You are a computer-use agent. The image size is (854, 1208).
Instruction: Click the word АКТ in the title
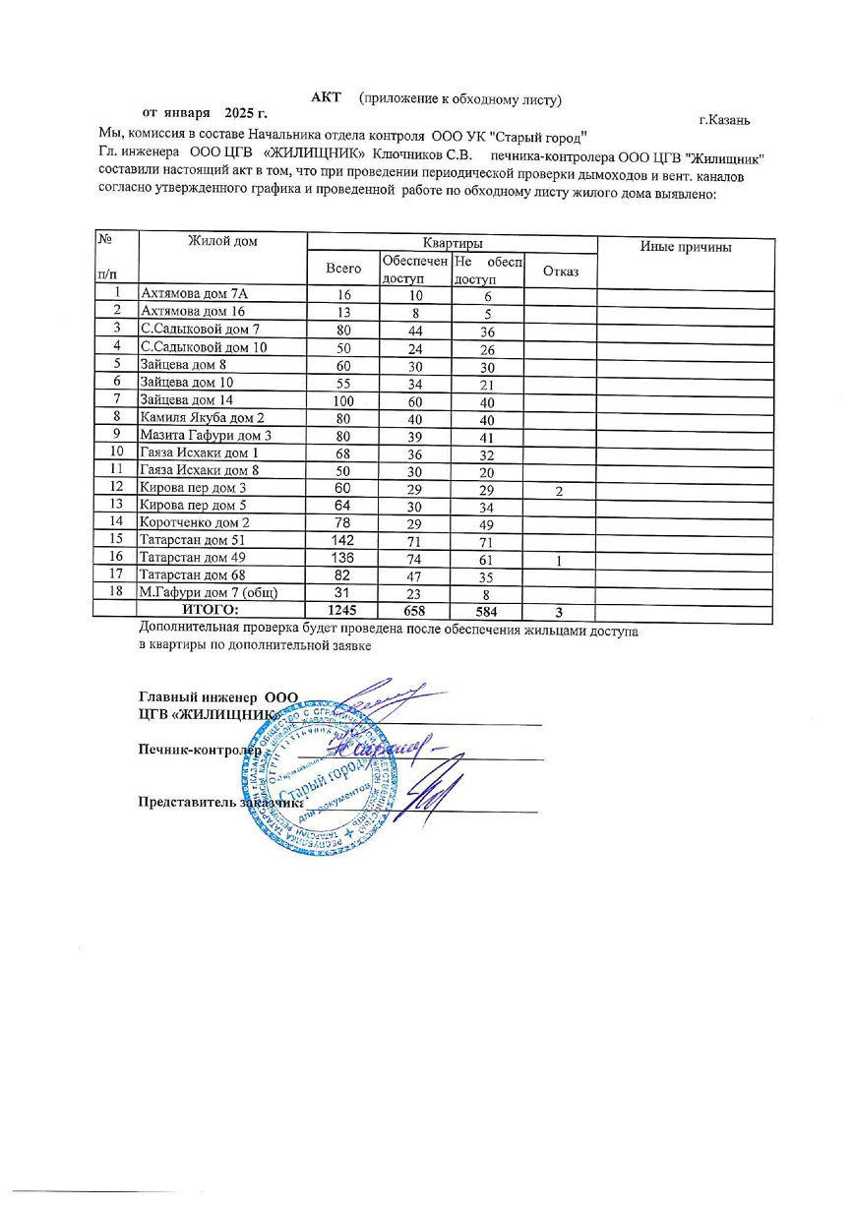pyautogui.click(x=326, y=97)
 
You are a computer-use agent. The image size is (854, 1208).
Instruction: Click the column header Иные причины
pyautogui.click(x=685, y=247)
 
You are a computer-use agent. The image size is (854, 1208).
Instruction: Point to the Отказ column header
pyautogui.click(x=561, y=271)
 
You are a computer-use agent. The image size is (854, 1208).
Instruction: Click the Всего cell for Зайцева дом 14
pyautogui.click(x=343, y=400)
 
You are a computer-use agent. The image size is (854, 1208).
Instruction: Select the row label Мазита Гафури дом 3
pyautogui.click(x=206, y=436)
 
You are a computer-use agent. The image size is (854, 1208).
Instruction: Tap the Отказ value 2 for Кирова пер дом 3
pyautogui.click(x=559, y=490)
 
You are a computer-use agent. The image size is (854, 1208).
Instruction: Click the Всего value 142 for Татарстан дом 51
pyautogui.click(x=343, y=540)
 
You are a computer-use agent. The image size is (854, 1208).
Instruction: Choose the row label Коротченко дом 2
pyautogui.click(x=195, y=522)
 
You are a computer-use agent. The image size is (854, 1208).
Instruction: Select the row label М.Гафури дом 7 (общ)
pyautogui.click(x=210, y=592)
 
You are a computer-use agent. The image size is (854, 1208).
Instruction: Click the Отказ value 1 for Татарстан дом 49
pyautogui.click(x=559, y=559)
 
